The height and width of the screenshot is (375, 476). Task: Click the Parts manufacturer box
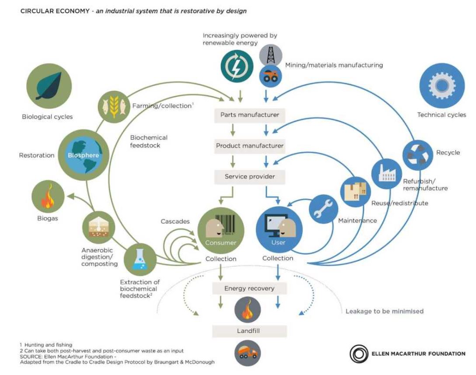click(250, 115)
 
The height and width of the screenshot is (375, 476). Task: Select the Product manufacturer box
click(250, 146)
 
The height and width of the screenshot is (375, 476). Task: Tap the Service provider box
click(250, 177)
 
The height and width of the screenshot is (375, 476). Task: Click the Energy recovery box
click(249, 288)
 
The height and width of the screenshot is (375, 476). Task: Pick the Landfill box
click(249, 331)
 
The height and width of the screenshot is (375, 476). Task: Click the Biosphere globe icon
click(83, 156)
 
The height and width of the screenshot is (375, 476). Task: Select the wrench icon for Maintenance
click(323, 209)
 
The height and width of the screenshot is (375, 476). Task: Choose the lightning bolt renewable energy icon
click(236, 67)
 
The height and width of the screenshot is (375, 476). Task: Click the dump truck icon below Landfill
click(248, 352)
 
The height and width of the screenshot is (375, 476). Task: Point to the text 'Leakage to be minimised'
click(384, 311)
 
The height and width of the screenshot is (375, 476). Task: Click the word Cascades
click(175, 221)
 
